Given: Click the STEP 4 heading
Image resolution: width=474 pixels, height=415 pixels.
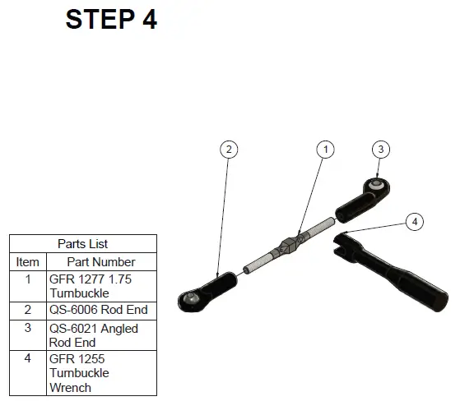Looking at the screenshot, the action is tap(111, 19).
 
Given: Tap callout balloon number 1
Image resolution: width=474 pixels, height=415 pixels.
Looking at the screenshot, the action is tap(325, 150).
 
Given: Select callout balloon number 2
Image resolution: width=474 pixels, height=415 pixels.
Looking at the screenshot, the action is tap(229, 150).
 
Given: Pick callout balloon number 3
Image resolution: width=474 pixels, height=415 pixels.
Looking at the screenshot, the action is tap(380, 149).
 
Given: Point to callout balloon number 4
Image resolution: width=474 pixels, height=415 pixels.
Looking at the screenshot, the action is tap(414, 222).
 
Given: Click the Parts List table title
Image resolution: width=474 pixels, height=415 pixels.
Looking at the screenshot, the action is tap(83, 244).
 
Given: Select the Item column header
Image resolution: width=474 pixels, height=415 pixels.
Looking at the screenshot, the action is tap(27, 262).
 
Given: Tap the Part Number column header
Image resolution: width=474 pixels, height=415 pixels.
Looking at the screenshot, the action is tap(101, 262).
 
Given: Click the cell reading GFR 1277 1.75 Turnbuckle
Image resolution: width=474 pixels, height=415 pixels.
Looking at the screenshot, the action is tap(101, 286).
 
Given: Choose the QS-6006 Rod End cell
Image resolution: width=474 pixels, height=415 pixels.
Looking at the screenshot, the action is tap(101, 311).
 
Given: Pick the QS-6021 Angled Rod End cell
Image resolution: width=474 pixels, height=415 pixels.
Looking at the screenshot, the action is tap(101, 335).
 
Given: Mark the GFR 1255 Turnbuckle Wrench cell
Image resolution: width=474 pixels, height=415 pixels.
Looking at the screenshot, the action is tap(101, 373).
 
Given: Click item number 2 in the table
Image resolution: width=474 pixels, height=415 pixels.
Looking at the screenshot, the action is tap(27, 310).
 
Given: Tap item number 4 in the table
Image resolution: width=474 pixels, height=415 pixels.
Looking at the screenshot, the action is tap(27, 358).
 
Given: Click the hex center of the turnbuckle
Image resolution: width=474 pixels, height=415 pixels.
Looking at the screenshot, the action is tap(287, 246).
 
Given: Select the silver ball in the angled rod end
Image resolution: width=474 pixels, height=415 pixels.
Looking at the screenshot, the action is tap(376, 183).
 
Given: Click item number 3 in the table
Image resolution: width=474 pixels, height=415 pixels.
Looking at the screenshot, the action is tap(27, 328).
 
